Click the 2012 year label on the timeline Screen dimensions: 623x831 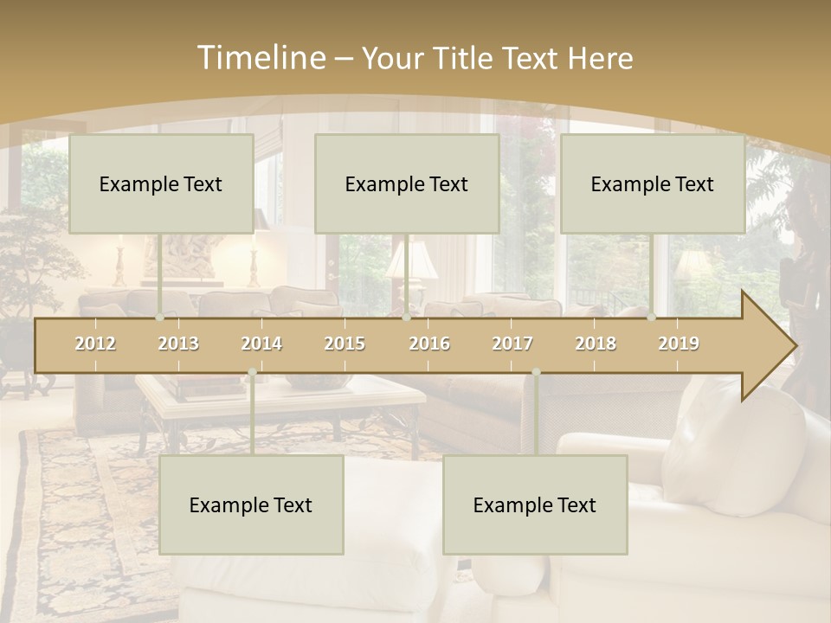click(95, 344)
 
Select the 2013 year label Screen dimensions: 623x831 click(178, 344)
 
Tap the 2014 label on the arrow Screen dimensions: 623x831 click(261, 344)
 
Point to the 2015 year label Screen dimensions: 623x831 click(345, 344)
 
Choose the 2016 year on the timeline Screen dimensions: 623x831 click(429, 344)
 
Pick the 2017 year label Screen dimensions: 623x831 click(512, 344)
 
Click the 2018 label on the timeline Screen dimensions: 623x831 click(596, 344)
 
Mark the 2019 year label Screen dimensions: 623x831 click(679, 344)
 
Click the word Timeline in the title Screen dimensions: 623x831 click(259, 58)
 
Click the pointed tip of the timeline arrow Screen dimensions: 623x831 click(794, 346)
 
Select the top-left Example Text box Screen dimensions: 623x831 click(161, 183)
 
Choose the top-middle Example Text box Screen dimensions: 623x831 click(407, 183)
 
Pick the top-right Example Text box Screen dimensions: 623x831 click(653, 183)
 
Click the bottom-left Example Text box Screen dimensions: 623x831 click(251, 504)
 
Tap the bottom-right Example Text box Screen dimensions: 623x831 click(535, 504)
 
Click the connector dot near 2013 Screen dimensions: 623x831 click(159, 318)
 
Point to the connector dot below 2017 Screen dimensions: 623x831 click(536, 372)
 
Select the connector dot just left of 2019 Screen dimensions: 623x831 click(651, 318)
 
